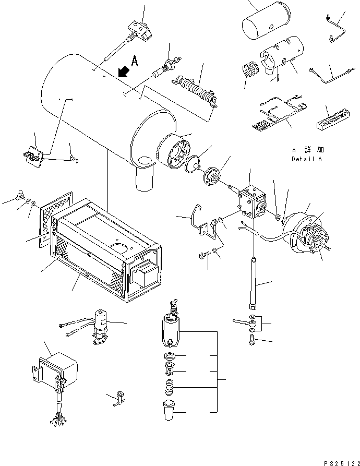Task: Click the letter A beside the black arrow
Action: point(135,61)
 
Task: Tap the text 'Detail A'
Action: point(306,159)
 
